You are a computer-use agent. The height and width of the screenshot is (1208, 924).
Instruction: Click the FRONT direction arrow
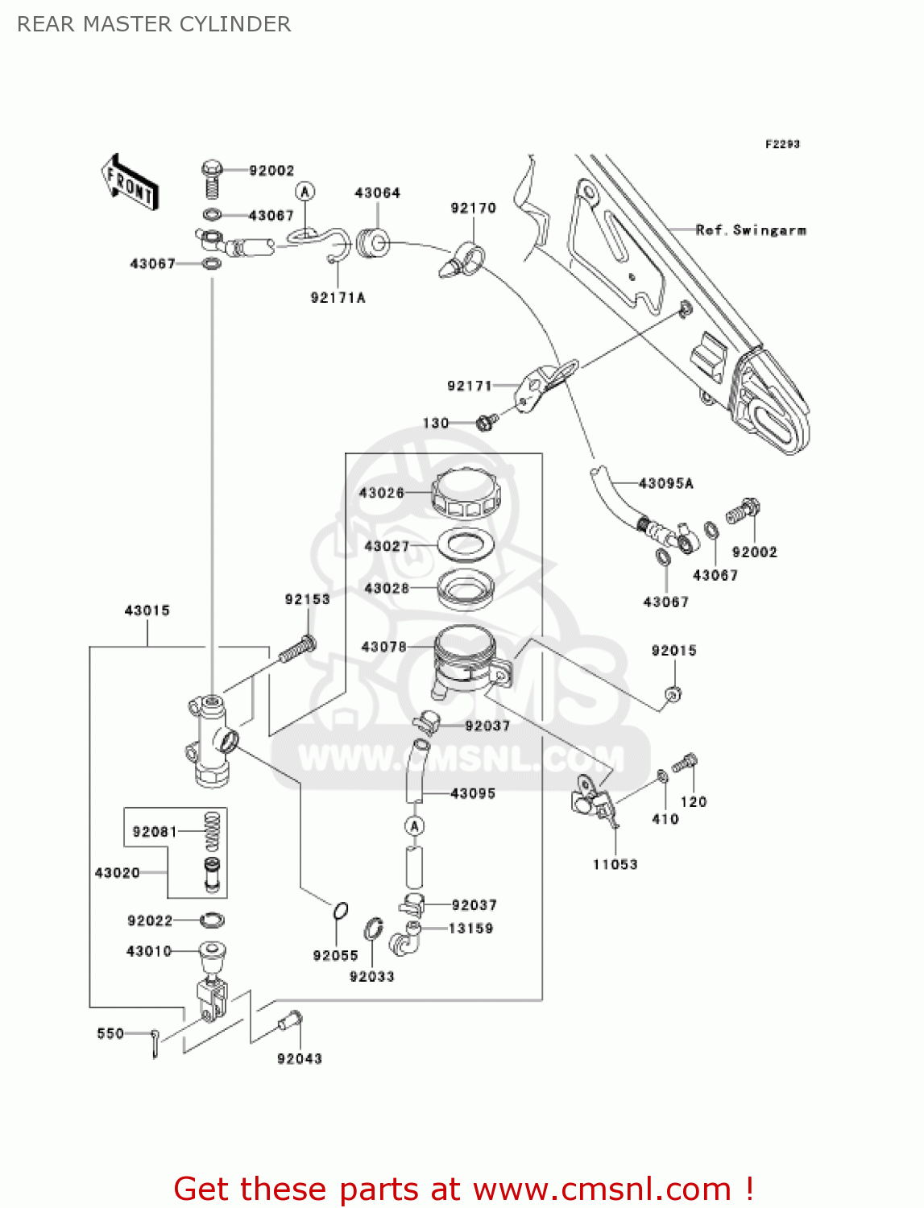[129, 183]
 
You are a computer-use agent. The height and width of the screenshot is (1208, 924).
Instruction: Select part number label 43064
[377, 193]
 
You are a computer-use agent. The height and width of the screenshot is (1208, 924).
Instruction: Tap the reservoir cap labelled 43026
[466, 493]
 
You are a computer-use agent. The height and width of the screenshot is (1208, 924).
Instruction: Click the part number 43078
[383, 647]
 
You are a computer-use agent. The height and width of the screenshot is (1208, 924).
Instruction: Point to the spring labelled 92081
[212, 831]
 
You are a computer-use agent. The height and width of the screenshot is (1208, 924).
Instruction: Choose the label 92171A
[338, 298]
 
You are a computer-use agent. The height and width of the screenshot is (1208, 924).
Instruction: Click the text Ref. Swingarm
[751, 230]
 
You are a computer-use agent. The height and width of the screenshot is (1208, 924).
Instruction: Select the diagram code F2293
[781, 144]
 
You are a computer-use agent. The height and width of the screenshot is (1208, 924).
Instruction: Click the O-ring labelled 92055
[340, 911]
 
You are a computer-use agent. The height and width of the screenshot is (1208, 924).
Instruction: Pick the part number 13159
[470, 929]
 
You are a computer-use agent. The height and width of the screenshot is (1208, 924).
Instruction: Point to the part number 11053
[615, 865]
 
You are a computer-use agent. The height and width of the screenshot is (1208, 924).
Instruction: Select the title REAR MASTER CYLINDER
[154, 24]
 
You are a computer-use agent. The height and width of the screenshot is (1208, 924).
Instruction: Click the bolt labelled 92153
[297, 649]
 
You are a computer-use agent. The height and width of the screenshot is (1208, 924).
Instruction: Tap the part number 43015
[147, 610]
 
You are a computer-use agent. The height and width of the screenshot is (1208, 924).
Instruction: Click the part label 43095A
[665, 483]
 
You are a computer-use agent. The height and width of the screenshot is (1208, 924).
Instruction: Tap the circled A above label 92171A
[305, 192]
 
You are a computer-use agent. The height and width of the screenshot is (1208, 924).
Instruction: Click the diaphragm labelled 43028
[466, 588]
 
